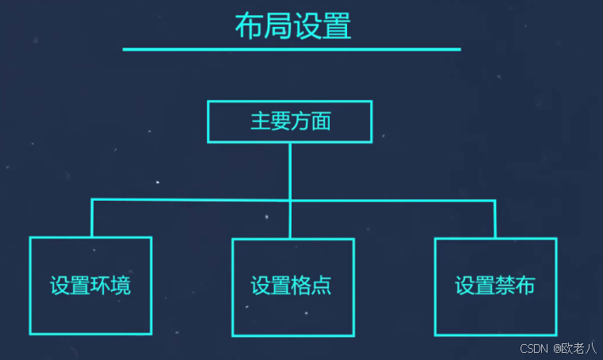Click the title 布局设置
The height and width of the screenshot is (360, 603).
tap(292, 26)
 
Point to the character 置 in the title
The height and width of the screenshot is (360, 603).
tap(337, 26)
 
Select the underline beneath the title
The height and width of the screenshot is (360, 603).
tap(291, 49)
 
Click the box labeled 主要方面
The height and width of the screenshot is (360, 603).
tap(289, 121)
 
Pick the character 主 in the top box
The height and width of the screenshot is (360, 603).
tap(260, 122)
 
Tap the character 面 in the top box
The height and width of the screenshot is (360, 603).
tap(320, 122)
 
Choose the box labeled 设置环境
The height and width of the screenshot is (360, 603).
tap(90, 285)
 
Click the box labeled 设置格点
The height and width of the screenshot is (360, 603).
tap(292, 287)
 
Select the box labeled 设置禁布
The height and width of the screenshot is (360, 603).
tap(495, 285)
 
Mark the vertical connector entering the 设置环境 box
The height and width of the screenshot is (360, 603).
tap(92, 218)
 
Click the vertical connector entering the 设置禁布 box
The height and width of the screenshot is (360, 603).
tap(494, 219)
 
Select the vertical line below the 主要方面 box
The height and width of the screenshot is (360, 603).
tap(290, 170)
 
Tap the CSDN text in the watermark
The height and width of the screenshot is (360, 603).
tap(535, 349)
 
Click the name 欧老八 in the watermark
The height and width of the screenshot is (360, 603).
tap(579, 349)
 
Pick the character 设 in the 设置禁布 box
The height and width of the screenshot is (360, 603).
tap(464, 285)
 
